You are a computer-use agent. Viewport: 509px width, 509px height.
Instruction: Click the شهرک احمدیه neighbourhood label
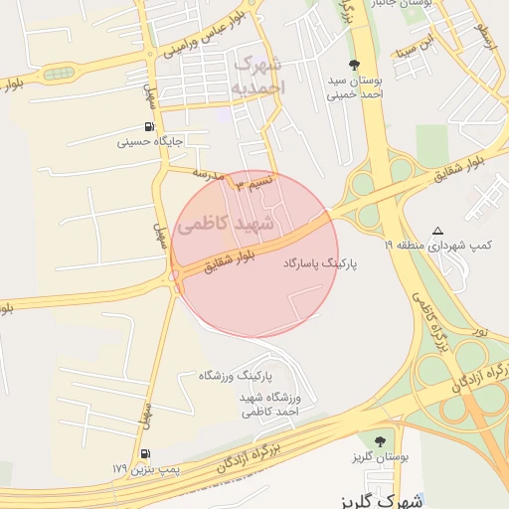258,76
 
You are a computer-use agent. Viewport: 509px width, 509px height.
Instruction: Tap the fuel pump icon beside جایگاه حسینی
149,126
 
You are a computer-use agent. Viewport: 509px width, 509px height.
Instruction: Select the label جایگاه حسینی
151,142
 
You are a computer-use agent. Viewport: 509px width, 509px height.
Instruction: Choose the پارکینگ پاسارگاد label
320,264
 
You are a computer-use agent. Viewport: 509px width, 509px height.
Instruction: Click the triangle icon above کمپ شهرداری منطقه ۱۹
438,231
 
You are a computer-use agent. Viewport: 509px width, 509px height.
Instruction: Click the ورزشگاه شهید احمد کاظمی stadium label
269,403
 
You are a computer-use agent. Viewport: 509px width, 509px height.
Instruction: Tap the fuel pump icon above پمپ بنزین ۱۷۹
148,453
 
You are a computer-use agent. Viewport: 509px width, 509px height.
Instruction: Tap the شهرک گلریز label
382,500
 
